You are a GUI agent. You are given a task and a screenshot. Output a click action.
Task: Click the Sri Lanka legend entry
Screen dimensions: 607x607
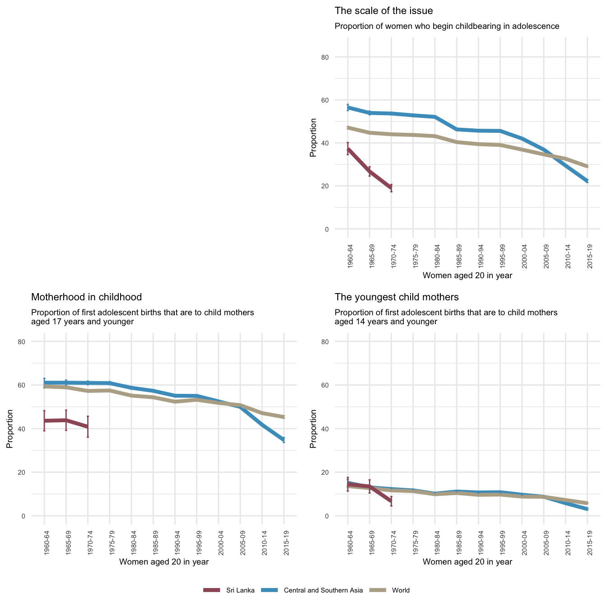(x=229, y=590)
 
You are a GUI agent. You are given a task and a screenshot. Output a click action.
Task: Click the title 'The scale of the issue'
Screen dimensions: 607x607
(x=383, y=10)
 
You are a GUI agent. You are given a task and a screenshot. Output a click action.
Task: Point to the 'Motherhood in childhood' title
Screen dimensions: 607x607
(x=86, y=297)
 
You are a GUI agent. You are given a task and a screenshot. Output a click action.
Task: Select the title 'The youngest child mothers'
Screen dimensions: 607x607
(x=397, y=297)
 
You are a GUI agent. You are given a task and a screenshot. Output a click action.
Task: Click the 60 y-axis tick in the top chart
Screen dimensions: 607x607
(x=338, y=100)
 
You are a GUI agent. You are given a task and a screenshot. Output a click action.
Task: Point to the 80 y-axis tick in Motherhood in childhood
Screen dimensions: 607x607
(x=34, y=341)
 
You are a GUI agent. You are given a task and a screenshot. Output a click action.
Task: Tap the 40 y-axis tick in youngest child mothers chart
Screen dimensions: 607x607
(x=338, y=429)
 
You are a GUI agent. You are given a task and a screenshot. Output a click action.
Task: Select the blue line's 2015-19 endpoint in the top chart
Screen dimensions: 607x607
(x=587, y=181)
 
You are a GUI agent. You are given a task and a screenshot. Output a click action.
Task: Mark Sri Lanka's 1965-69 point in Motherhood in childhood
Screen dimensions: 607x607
(x=66, y=420)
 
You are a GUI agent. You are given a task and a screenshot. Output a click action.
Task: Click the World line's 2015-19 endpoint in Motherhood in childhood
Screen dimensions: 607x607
(x=284, y=417)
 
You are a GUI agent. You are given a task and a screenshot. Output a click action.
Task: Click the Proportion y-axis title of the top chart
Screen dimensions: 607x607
(x=313, y=137)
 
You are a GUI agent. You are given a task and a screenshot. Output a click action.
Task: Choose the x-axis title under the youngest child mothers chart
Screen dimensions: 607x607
(x=467, y=562)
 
